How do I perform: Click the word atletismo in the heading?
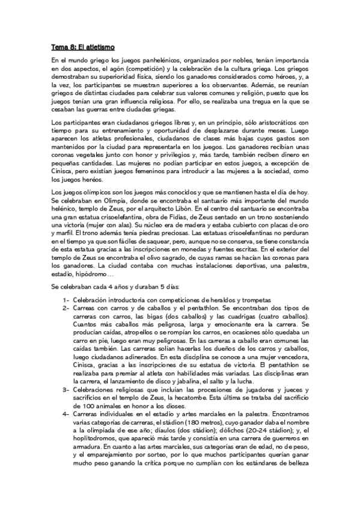click(x=97, y=46)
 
